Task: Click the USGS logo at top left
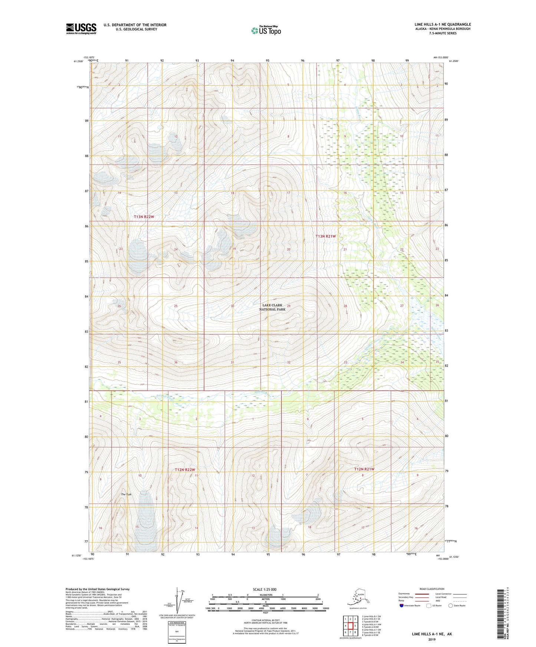(81, 29)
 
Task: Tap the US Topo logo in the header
(266, 30)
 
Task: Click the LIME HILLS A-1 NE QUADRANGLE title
(443, 24)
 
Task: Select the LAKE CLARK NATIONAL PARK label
(272, 307)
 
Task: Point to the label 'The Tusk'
(126, 494)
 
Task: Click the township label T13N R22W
(144, 216)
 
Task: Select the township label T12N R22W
(185, 470)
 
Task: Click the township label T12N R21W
(364, 469)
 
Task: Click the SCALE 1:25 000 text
(264, 589)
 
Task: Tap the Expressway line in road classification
(419, 594)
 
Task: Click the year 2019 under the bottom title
(432, 639)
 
